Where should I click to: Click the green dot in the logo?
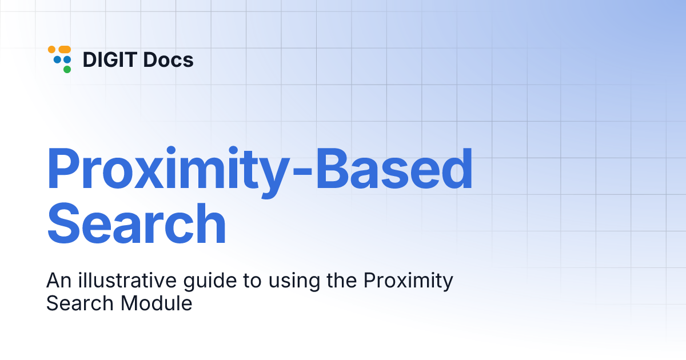[x=67, y=69]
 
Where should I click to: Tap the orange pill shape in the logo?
[x=64, y=50]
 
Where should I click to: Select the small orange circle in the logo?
[x=51, y=50]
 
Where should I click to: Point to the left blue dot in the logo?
[x=57, y=59]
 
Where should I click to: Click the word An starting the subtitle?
[x=57, y=281]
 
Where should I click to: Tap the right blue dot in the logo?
[x=67, y=59]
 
